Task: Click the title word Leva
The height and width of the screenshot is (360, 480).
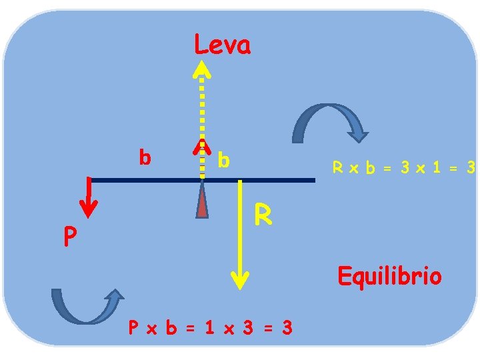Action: pos(222,46)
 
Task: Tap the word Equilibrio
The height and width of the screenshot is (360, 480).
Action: pos(389,275)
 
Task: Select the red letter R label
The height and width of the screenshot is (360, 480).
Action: pos(263,215)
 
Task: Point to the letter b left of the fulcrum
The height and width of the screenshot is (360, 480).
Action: pos(144,157)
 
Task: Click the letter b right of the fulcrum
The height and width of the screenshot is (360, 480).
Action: pos(224,160)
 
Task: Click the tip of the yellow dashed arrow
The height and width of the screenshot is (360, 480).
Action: pos(202,67)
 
